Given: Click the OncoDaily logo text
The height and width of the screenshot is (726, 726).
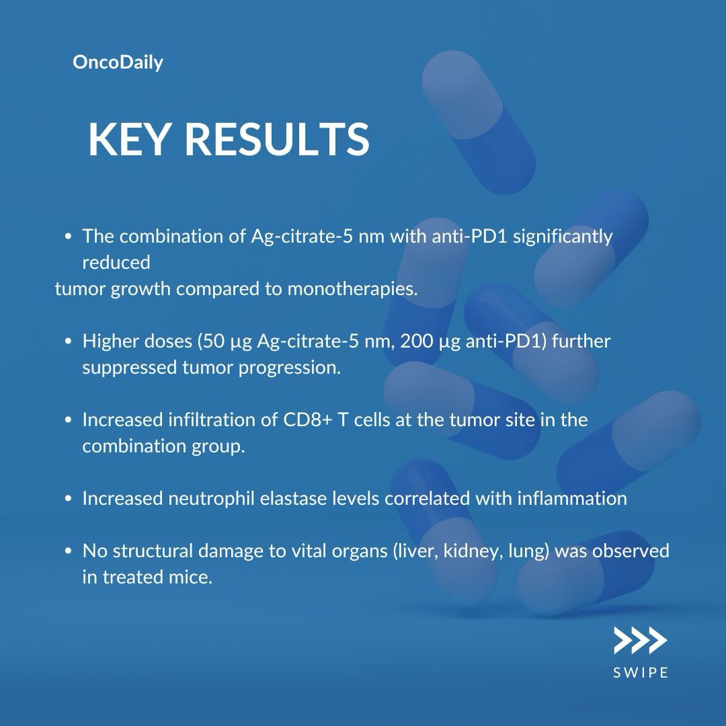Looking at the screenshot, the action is (x=118, y=63).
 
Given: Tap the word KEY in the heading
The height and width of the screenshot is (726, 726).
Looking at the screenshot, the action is (x=128, y=139).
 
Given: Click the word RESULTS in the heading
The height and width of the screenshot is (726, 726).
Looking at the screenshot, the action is (x=277, y=139).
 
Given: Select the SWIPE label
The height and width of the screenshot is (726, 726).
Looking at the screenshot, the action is (x=641, y=672).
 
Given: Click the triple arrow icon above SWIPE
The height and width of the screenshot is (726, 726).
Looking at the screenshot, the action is (x=641, y=641).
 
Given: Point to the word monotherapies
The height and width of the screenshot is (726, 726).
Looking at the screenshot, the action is (x=352, y=289).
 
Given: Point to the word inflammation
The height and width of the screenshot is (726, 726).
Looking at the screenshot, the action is (x=572, y=499).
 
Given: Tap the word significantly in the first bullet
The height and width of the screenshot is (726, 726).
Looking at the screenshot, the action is (x=563, y=237).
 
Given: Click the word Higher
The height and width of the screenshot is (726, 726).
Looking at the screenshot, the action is (x=111, y=341).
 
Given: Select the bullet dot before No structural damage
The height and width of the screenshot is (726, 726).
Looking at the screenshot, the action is (x=69, y=551).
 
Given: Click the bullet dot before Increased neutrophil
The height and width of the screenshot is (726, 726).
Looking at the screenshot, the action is (x=69, y=499).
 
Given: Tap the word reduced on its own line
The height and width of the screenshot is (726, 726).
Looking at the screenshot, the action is (x=116, y=263).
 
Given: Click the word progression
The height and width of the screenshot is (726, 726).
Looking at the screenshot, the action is (x=289, y=368).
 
